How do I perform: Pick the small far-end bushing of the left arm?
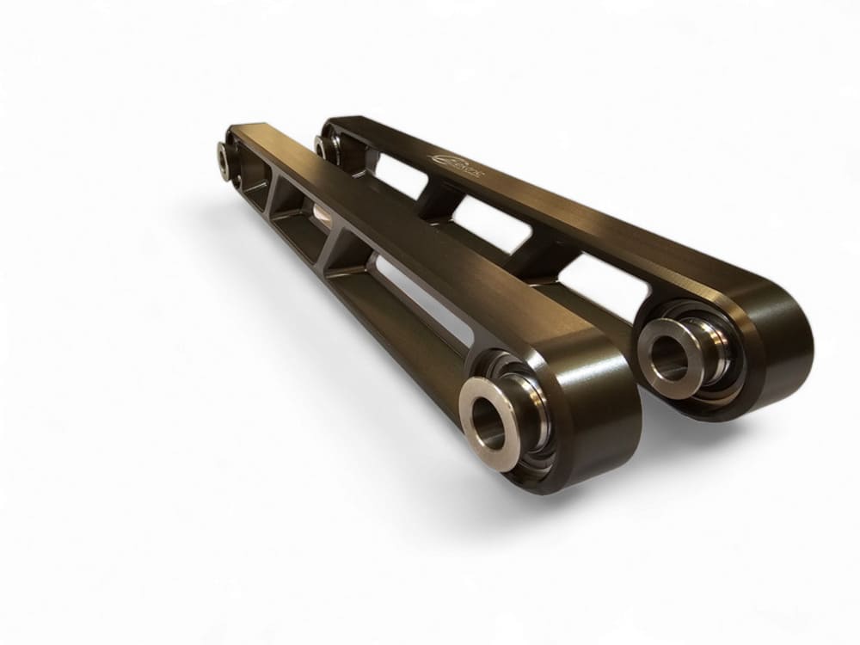click(x=228, y=160)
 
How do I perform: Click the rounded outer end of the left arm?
click(x=602, y=430)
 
